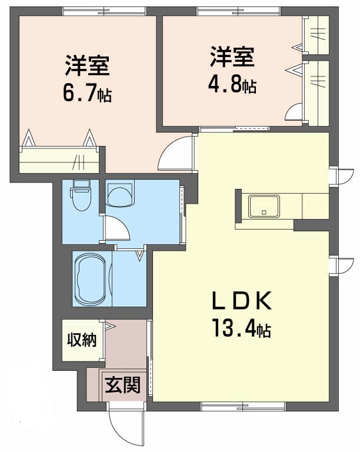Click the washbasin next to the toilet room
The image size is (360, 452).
121,194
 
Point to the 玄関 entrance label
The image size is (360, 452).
123,385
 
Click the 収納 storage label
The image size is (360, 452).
81,340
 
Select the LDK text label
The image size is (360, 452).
241,303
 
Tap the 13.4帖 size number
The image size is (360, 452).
241,330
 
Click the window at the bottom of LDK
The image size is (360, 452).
243,406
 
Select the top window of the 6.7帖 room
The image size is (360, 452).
104,11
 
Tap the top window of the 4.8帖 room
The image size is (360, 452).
238,11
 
